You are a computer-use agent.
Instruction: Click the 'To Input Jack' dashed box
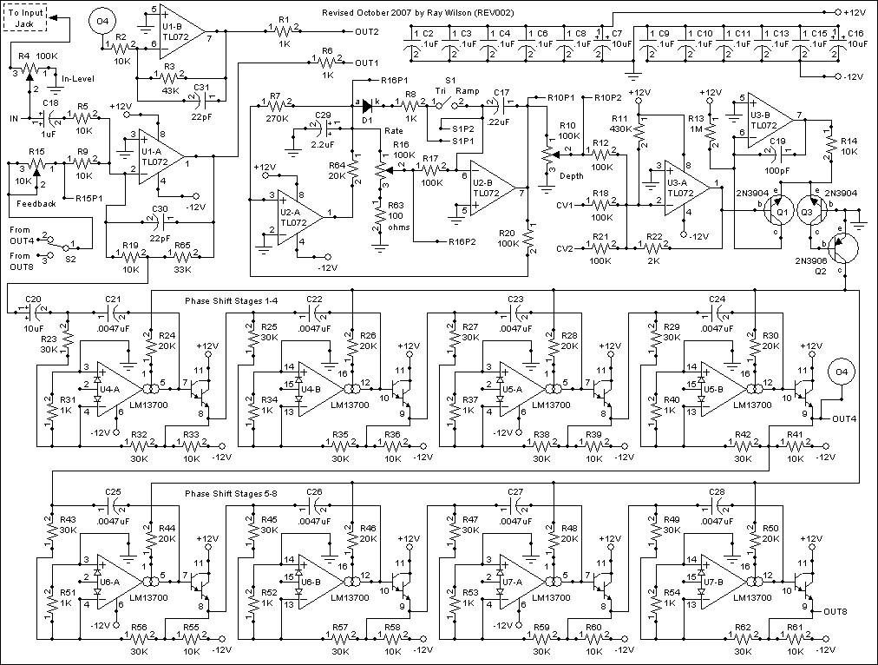25,17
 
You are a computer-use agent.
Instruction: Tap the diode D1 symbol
367,104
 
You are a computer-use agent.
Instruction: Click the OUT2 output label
367,32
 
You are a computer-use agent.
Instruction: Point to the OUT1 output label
367,63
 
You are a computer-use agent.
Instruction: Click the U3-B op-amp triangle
770,120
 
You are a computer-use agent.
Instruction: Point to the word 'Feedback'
36,204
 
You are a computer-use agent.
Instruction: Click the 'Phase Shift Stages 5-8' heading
232,494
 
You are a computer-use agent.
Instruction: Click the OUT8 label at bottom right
835,611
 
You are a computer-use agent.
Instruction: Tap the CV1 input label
565,205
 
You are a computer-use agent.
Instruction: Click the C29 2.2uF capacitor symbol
326,128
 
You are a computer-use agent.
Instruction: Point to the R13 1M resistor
711,132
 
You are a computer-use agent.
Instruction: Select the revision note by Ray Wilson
417,12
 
